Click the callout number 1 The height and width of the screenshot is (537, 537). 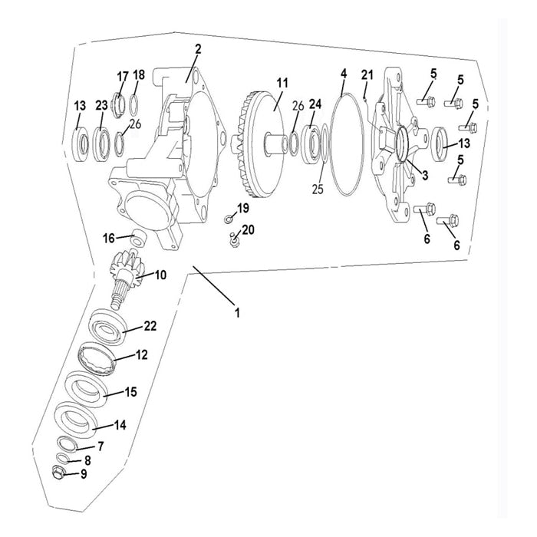tap(237, 312)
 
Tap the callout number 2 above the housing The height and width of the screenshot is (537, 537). tap(198, 50)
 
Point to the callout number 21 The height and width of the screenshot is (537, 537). tap(367, 74)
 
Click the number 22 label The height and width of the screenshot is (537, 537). tap(150, 326)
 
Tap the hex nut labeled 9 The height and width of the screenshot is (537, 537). tap(58, 471)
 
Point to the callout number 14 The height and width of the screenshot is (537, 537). tap(120, 425)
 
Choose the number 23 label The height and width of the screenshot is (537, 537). tap(101, 105)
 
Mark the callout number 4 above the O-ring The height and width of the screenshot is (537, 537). tap(344, 74)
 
